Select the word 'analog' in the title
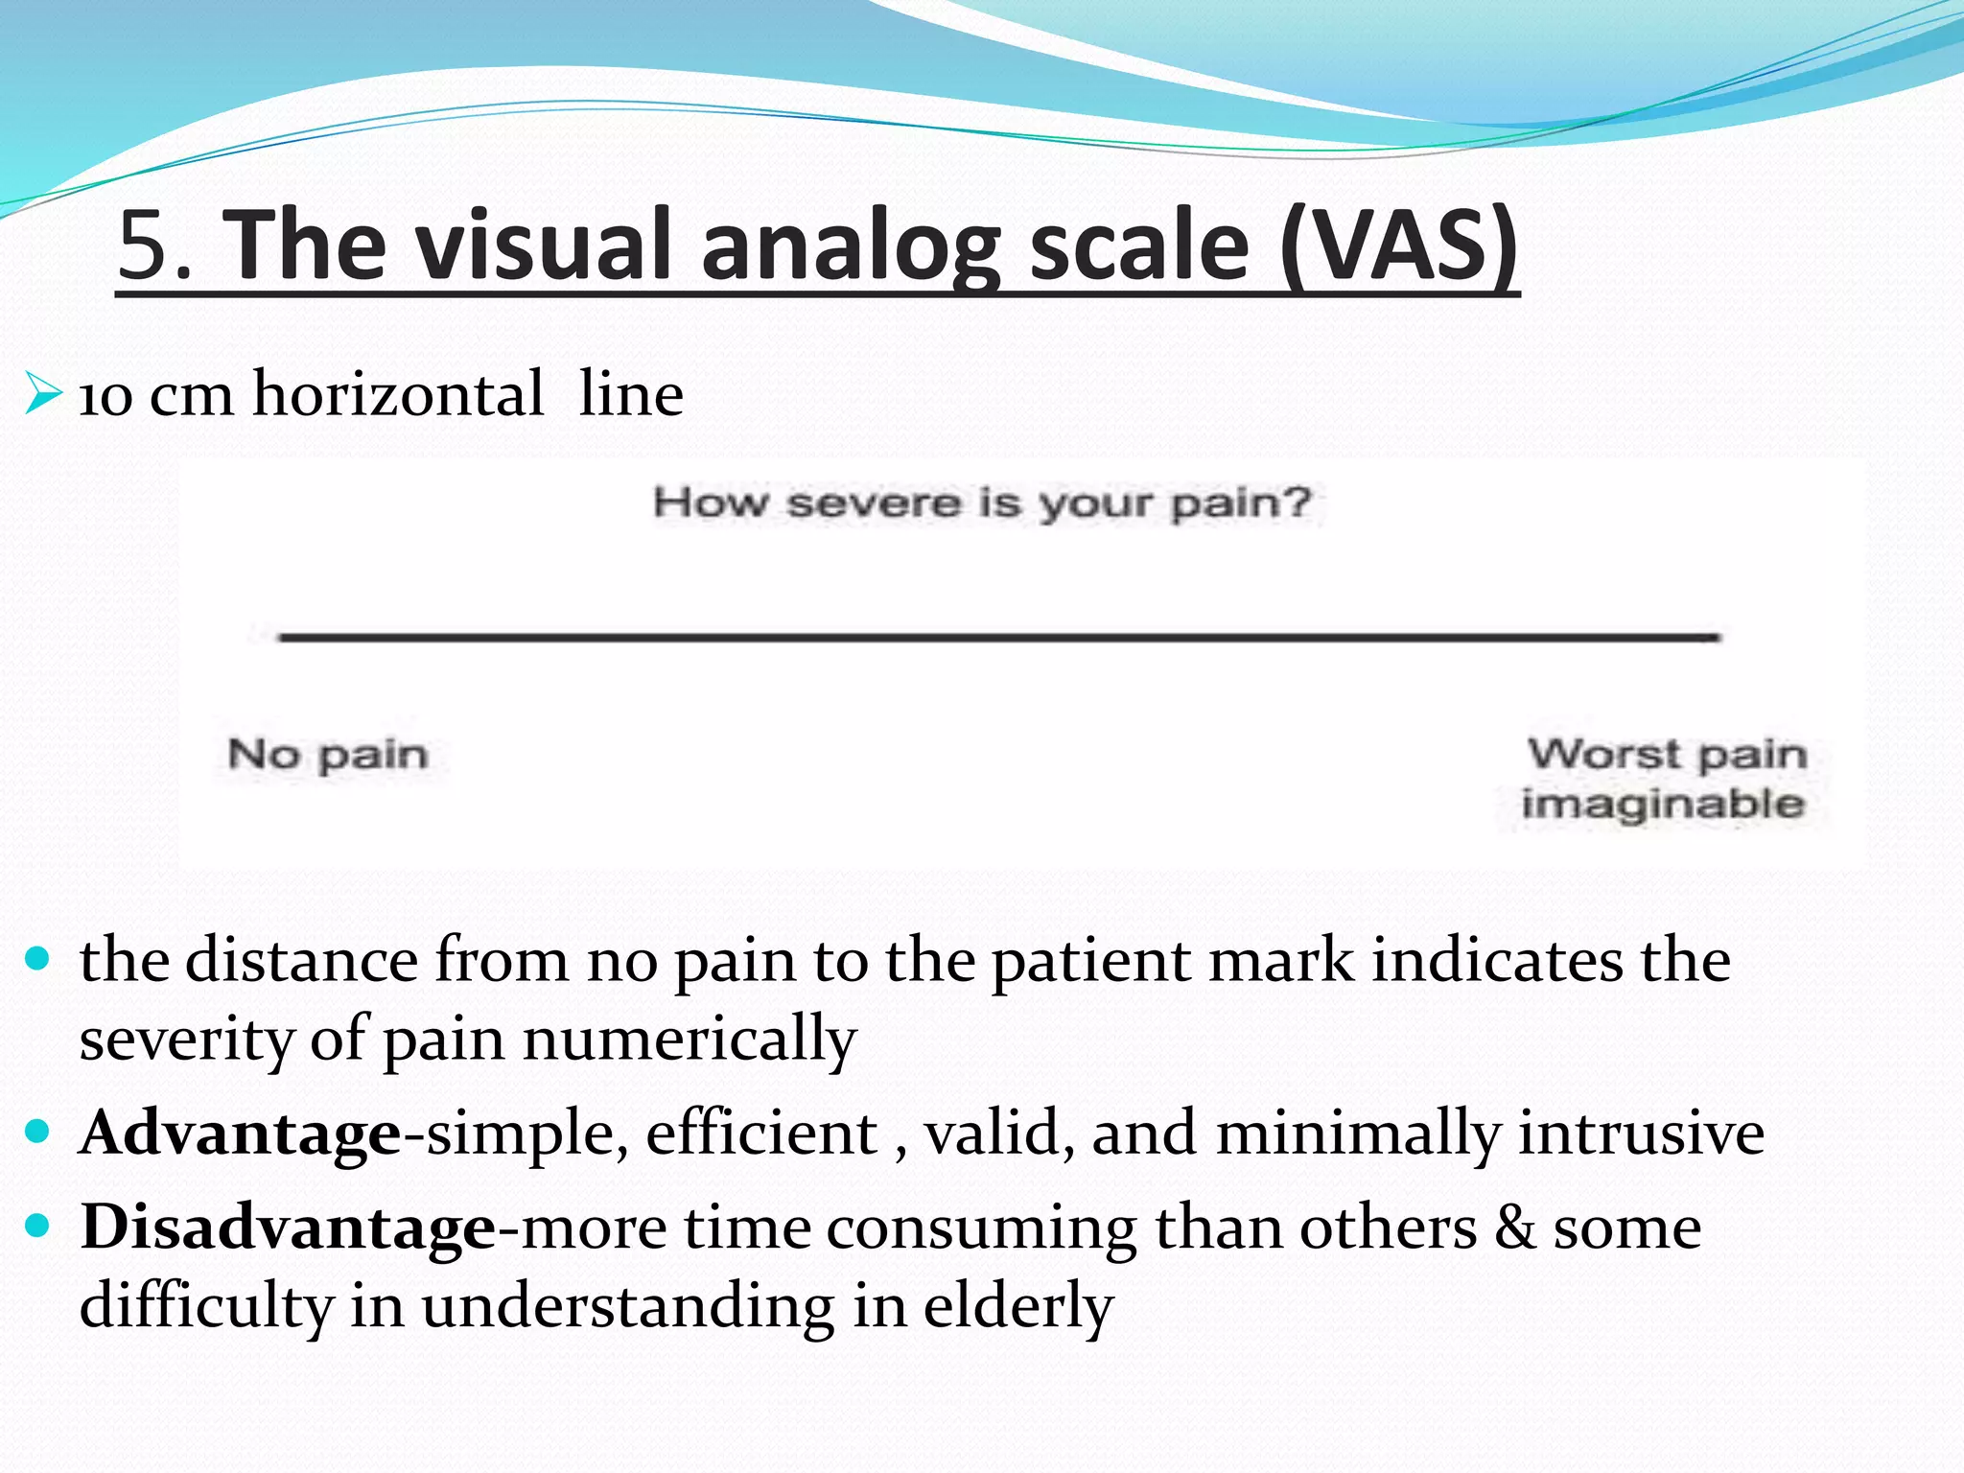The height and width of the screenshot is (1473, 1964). [x=850, y=246]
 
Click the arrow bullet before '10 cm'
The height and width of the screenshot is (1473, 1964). [x=43, y=393]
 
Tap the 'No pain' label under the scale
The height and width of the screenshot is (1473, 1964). [x=327, y=755]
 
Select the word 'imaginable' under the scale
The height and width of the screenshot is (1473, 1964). [x=1663, y=804]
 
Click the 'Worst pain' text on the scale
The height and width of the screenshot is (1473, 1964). [x=1667, y=754]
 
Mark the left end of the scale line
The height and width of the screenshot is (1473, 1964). [x=282, y=636]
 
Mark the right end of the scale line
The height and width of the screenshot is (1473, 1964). [x=1717, y=636]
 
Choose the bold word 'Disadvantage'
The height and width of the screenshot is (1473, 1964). [x=288, y=1227]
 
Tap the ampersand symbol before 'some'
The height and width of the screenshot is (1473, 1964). [x=1514, y=1227]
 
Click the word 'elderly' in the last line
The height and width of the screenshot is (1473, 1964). [x=1017, y=1306]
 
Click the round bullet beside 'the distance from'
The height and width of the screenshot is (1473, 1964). [x=37, y=959]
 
